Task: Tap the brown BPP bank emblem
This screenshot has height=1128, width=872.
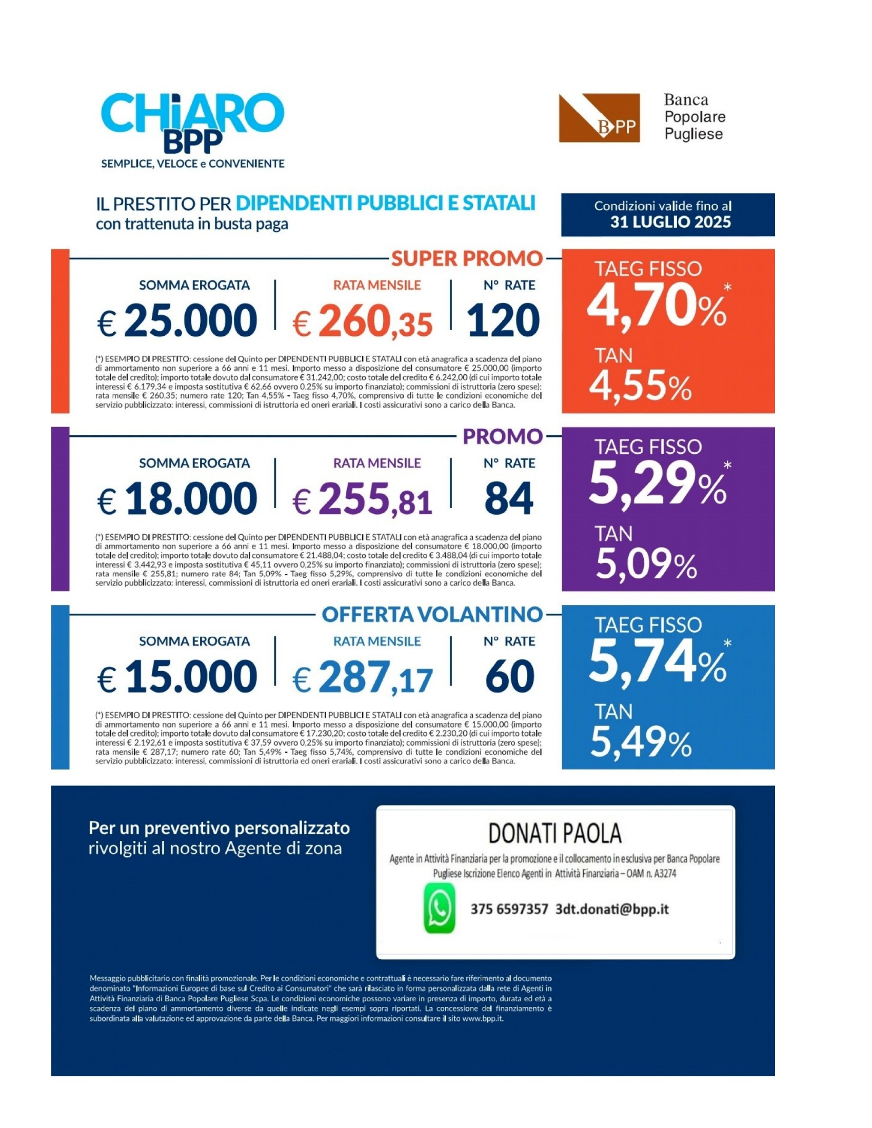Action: point(599,118)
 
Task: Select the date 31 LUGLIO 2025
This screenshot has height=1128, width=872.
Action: point(670,222)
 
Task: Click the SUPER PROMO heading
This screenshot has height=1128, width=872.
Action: point(466,258)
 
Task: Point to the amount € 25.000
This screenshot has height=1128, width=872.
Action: point(177,321)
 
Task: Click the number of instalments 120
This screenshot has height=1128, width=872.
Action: point(503,321)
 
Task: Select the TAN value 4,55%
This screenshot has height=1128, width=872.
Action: point(640,387)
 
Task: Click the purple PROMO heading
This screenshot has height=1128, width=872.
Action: point(502,436)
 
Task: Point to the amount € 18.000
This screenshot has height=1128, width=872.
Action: point(177,499)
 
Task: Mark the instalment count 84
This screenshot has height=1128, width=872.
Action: point(508,499)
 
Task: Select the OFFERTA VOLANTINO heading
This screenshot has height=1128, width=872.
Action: point(432,614)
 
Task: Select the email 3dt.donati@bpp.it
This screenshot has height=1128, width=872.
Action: point(611,909)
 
